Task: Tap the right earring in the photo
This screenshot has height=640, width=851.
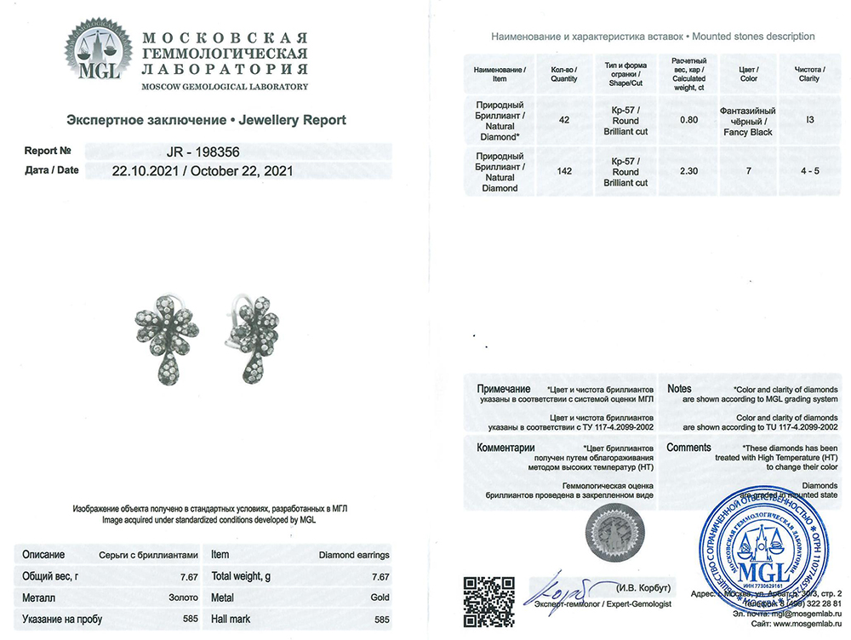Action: click(x=254, y=330)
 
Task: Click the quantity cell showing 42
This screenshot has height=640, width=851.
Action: click(x=563, y=120)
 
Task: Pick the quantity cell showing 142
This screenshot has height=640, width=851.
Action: click(x=563, y=171)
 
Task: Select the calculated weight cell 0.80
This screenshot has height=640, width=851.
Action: click(x=689, y=120)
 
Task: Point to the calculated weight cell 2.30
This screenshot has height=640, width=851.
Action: click(x=689, y=171)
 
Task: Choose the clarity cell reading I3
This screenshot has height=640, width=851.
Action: click(x=809, y=120)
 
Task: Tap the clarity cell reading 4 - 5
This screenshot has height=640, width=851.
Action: click(x=809, y=171)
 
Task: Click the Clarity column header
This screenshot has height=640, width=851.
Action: click(x=809, y=73)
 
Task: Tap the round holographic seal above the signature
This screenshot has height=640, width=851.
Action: click(x=611, y=534)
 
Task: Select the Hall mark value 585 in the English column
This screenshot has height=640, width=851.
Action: click(x=382, y=620)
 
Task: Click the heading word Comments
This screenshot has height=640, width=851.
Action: click(x=688, y=448)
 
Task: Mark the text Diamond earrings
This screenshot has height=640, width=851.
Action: click(x=354, y=555)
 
